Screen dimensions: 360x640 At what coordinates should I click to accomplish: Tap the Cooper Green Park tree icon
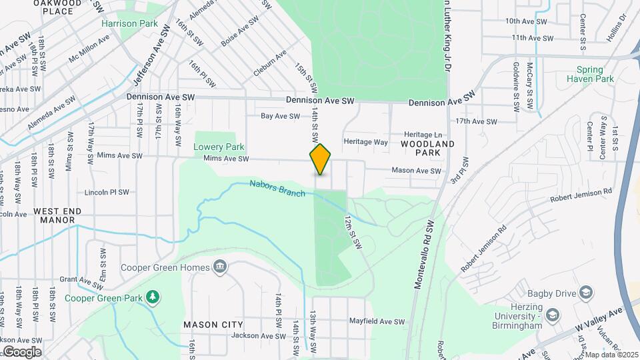point(153,296)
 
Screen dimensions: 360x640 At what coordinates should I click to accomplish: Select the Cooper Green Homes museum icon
point(219,268)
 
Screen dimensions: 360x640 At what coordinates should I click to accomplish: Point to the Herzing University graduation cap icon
point(553,314)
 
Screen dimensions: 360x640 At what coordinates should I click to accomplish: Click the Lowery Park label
point(219,147)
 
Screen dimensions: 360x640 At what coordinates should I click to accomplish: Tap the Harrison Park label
point(129,23)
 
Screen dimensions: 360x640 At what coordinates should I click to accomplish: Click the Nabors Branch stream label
point(277,189)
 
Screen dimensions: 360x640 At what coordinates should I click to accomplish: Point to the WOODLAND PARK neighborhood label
point(428,148)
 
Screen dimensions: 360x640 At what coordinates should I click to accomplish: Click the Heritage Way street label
point(365,142)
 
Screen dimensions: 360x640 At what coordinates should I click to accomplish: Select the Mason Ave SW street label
point(417,171)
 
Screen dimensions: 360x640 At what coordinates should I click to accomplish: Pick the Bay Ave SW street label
point(280,116)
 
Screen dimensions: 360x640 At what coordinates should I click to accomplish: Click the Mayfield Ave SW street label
point(377,321)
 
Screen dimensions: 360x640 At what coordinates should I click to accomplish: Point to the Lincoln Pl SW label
point(107,193)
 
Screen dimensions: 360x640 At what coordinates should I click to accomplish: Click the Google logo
point(21,351)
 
